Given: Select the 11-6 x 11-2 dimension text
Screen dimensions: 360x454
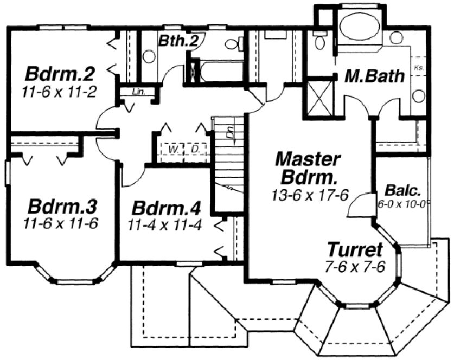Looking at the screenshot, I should click(60, 92).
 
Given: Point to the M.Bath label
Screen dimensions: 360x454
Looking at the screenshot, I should click(375, 76).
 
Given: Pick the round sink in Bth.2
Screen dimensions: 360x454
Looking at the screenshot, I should click(149, 56).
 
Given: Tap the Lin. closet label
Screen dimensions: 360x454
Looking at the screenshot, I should click(138, 92).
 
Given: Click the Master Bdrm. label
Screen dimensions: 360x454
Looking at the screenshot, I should click(307, 168).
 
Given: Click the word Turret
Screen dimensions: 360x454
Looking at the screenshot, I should click(355, 250).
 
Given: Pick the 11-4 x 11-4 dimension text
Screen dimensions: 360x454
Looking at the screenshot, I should click(165, 224).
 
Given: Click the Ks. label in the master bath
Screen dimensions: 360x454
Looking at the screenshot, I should click(418, 68).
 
